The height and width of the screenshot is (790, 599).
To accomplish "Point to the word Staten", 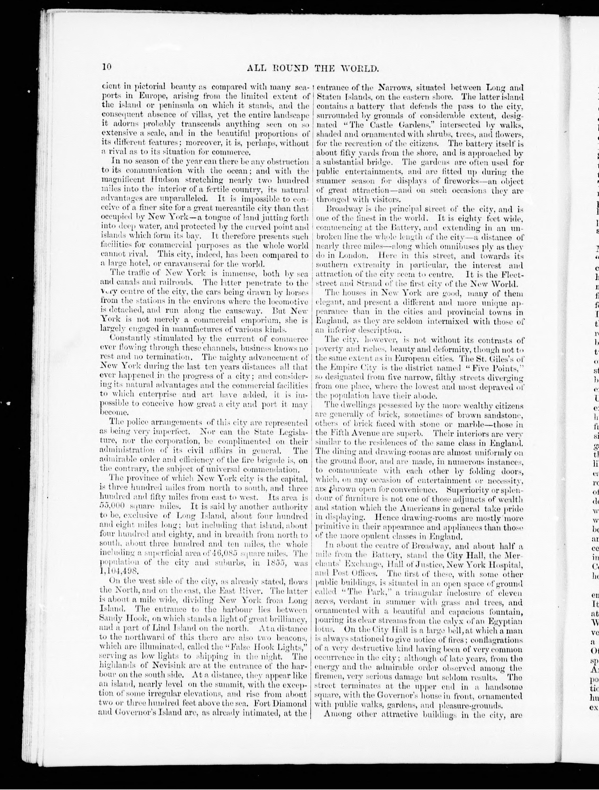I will click(x=327, y=97).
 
